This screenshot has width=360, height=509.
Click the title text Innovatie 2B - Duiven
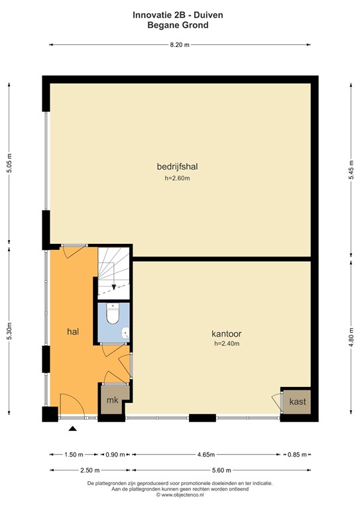coord(180,15)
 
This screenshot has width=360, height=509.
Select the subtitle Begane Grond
coord(180,25)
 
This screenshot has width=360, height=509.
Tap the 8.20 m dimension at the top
coord(180,45)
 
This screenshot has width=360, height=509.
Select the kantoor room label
coord(225,333)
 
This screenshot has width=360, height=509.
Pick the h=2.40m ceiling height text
coord(225,344)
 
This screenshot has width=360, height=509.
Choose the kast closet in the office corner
coord(296,402)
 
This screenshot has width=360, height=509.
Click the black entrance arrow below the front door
coord(72,430)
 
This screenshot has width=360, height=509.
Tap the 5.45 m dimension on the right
coord(351,169)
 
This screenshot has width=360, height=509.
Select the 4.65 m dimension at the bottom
coord(206,455)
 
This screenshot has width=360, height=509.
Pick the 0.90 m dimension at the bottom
coord(115,455)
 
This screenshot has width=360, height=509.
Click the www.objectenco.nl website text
coord(180,494)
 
